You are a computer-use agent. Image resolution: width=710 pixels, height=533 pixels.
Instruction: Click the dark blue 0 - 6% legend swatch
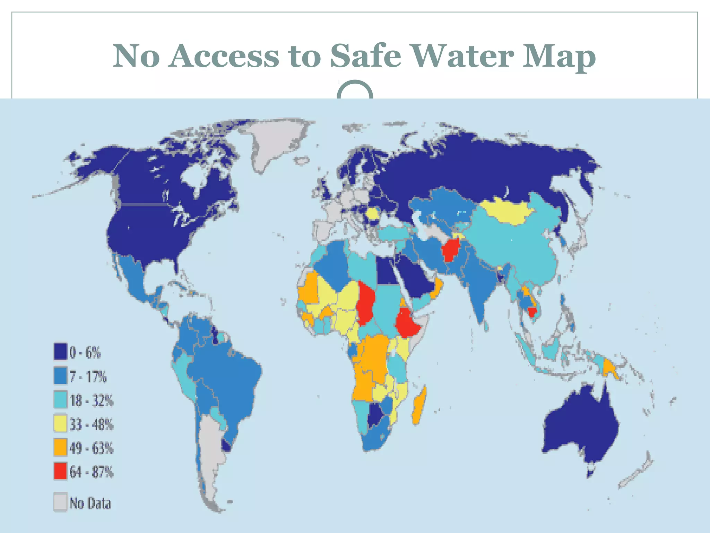tap(60, 351)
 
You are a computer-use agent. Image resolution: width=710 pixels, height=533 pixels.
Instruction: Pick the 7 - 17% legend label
tap(88, 377)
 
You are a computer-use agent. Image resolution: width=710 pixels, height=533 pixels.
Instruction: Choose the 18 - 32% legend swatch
tap(60, 400)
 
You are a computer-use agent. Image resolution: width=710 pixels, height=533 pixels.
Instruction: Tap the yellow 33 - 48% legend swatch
tap(60, 424)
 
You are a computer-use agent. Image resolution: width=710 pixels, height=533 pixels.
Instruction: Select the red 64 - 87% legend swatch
tap(60, 471)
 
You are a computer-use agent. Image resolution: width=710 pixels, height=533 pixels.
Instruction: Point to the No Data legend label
tap(90, 503)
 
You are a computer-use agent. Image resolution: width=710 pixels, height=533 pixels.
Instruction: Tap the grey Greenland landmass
tap(277, 142)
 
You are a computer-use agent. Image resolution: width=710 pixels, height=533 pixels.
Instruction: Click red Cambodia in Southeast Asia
tap(531, 312)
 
